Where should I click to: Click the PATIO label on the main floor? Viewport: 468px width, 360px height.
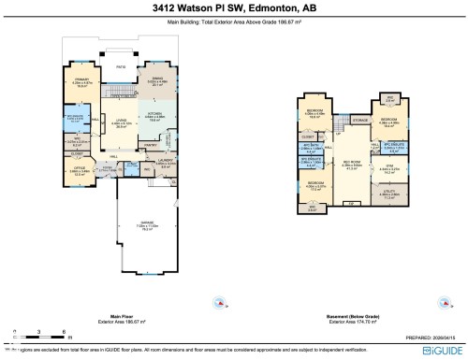click(x=120, y=68)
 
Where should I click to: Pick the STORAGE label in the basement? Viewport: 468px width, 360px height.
click(x=359, y=121)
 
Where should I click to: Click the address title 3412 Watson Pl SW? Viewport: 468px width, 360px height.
click(x=233, y=8)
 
